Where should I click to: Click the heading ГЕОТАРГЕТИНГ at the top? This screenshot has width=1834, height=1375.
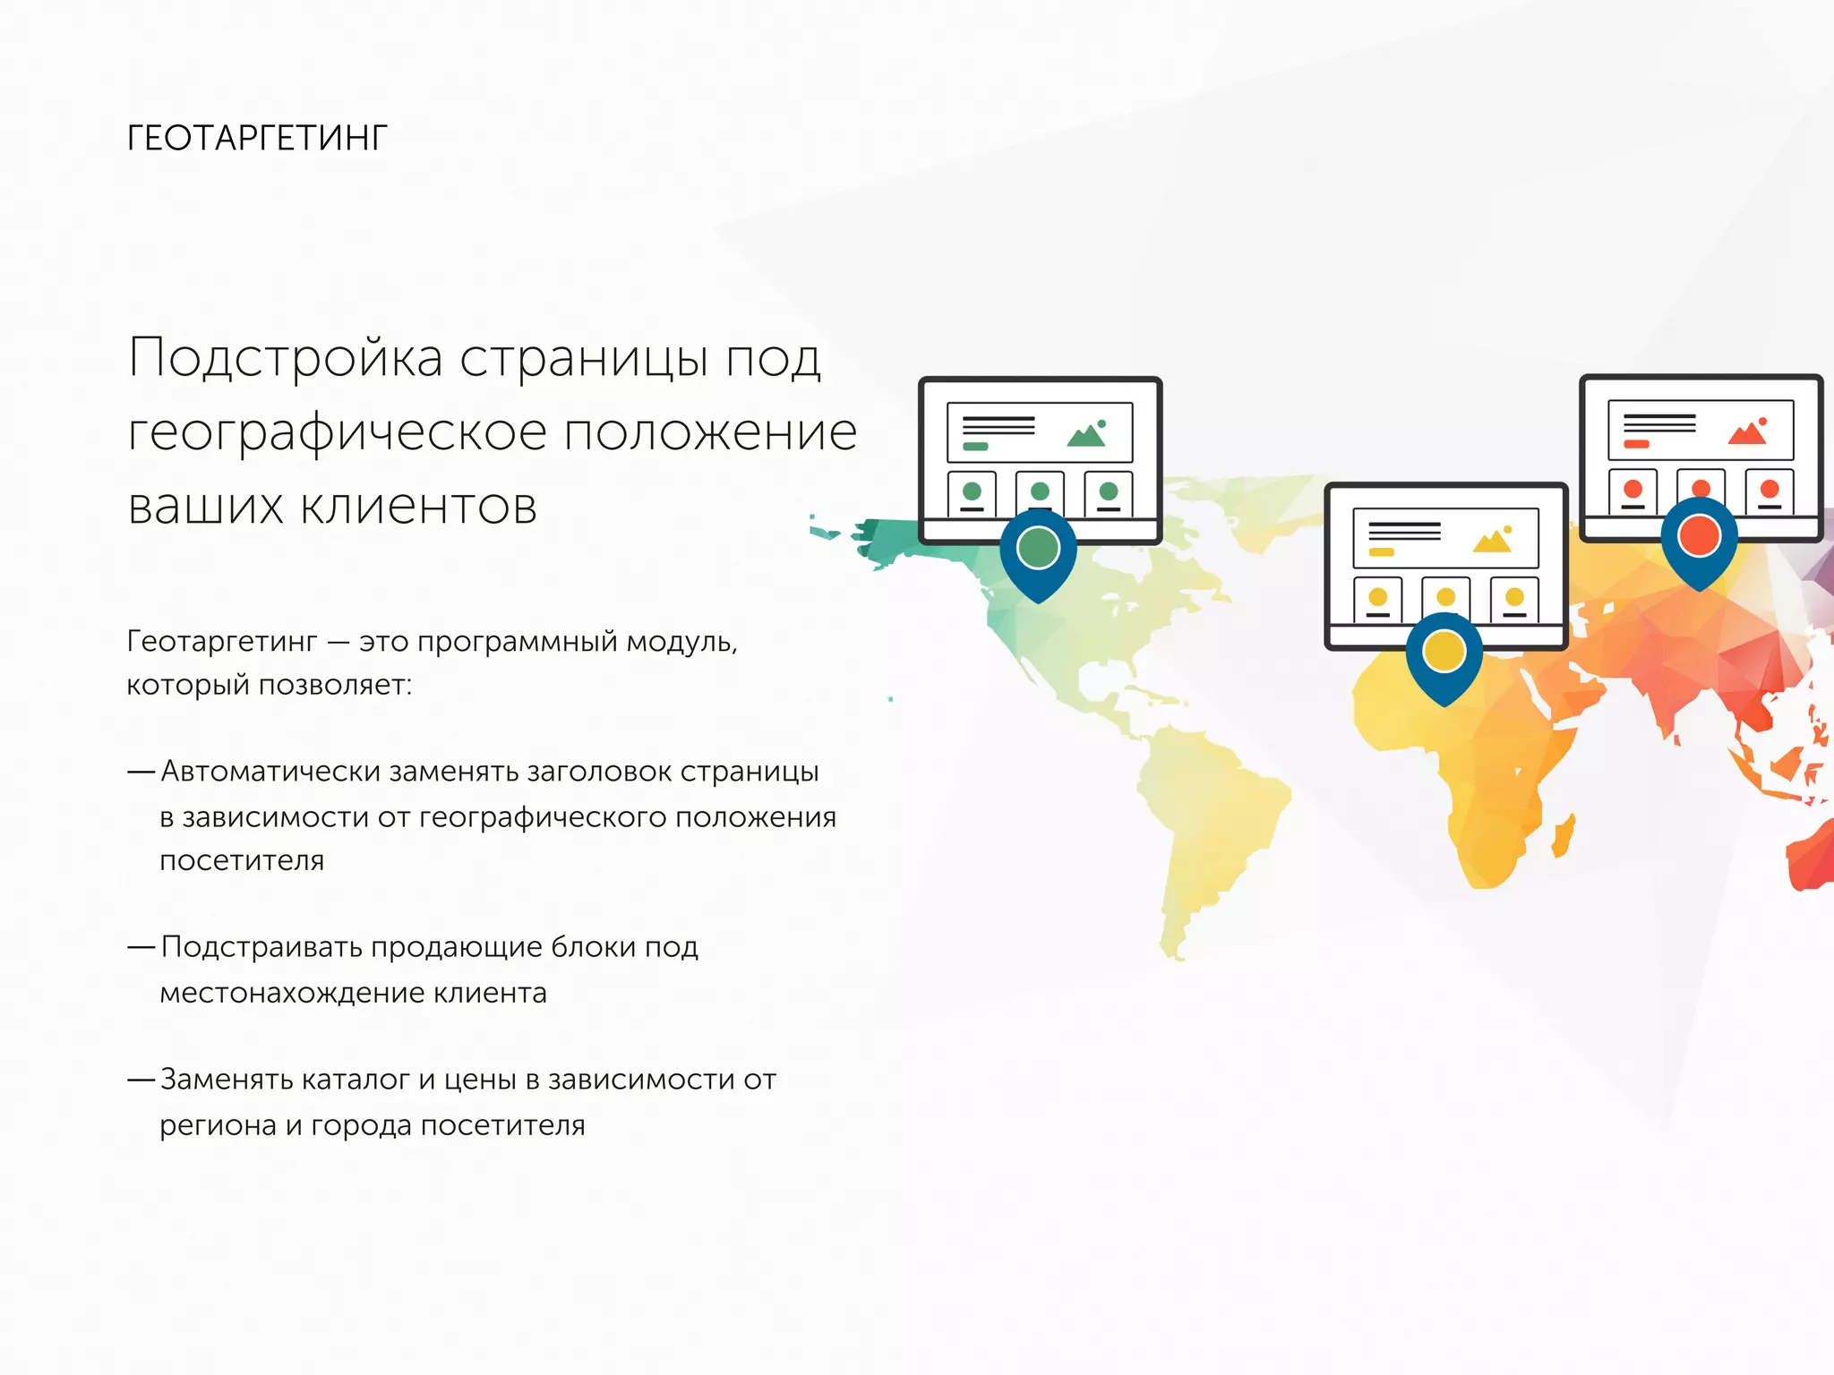[257, 138]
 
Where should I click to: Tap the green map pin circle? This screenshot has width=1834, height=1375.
[1039, 548]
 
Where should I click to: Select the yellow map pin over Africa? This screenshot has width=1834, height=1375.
[1444, 651]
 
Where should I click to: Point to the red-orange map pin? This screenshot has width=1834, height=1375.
[1699, 536]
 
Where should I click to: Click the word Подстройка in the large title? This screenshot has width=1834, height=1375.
[286, 358]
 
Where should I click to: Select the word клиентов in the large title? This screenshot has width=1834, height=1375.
[418, 506]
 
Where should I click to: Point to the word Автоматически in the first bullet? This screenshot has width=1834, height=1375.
[270, 772]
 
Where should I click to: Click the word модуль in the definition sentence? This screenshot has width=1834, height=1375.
[681, 642]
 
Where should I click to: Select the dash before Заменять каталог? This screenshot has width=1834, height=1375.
[141, 1080]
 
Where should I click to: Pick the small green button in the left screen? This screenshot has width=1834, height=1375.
[975, 446]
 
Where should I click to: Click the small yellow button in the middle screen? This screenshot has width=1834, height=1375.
[1381, 552]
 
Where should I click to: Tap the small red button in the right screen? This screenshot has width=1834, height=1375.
[1636, 444]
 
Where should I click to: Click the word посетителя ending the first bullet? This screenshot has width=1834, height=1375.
[242, 861]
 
